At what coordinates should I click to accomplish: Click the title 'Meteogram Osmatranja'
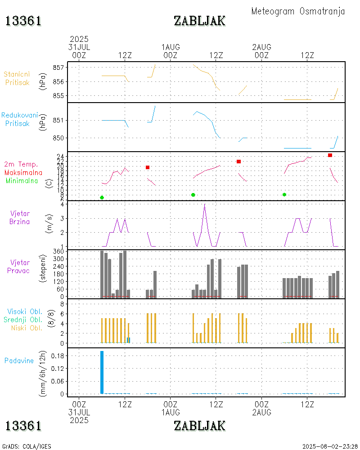click(x=298, y=11)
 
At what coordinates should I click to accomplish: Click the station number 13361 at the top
click(x=23, y=21)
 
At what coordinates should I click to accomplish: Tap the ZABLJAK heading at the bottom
click(x=199, y=425)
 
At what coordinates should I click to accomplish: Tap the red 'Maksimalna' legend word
click(x=23, y=172)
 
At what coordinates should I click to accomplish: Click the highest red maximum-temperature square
click(x=330, y=155)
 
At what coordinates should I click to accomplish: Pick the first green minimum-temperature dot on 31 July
click(x=102, y=198)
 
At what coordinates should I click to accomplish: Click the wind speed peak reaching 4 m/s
click(x=205, y=205)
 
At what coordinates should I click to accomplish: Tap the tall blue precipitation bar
click(x=102, y=372)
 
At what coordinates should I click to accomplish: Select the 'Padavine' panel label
click(x=19, y=360)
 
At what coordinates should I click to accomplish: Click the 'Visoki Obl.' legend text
click(x=25, y=311)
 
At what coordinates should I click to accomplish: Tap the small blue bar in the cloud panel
click(x=129, y=340)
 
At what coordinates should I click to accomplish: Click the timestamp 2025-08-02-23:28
click(x=330, y=446)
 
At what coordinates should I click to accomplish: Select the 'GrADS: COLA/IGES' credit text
click(x=27, y=446)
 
